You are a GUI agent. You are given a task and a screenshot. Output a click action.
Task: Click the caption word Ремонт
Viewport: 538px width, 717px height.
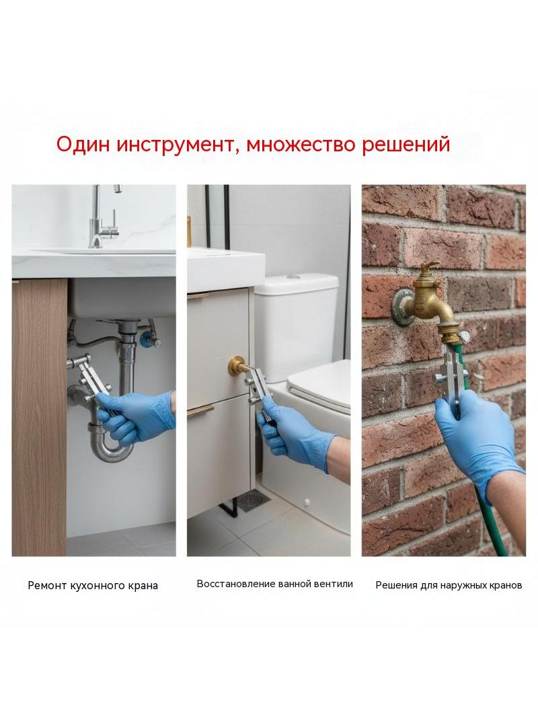[x=48, y=586]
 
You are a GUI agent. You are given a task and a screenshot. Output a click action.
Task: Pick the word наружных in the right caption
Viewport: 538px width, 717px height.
[x=464, y=585]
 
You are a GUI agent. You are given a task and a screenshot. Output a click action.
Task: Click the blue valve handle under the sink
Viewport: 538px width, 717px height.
[x=147, y=339]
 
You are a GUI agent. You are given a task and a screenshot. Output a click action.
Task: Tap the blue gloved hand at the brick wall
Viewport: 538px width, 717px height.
[x=475, y=440]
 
